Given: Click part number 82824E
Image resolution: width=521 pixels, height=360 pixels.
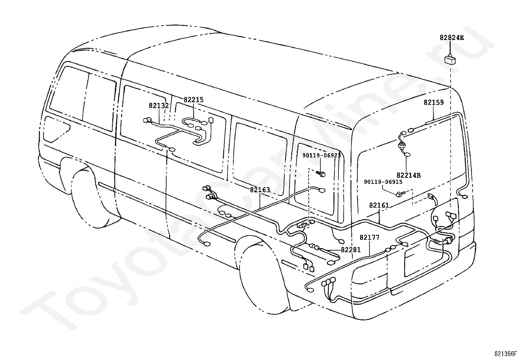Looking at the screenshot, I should point(451,38).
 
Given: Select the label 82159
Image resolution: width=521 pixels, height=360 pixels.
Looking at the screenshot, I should point(434,103).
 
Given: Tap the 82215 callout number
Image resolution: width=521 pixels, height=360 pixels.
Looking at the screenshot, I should point(193,100).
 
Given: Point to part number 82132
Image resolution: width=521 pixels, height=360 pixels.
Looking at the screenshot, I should point(159,106).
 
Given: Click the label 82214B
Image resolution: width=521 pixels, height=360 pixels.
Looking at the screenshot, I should point(408,175).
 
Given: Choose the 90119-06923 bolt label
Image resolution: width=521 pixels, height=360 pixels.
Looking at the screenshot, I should point(321,156).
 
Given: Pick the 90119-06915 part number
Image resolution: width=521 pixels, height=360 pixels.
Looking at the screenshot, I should point(383,182).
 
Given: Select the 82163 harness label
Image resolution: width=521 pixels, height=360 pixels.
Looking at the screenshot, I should point(260,190).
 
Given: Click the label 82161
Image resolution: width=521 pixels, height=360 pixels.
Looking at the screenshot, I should point(379,205).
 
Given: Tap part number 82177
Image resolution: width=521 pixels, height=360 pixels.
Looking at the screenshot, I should point(369,237).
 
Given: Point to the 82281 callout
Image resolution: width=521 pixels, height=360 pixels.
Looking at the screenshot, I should point(350,250).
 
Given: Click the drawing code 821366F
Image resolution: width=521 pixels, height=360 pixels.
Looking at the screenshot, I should point(505,354).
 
